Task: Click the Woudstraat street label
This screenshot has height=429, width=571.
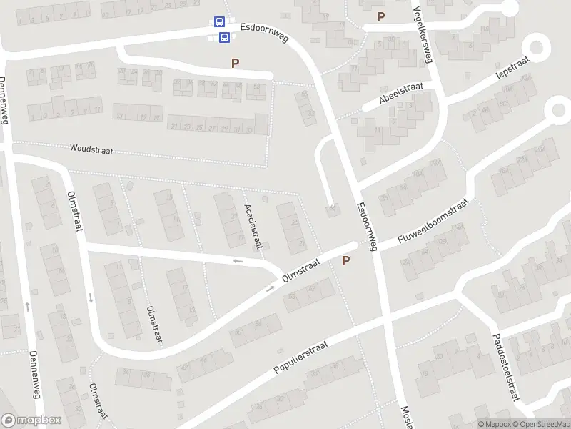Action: click(x=91, y=150)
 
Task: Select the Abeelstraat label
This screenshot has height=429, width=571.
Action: click(x=401, y=94)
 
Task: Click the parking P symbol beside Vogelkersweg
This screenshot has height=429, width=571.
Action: click(x=380, y=17)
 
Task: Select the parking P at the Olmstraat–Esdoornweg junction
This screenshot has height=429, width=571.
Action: click(x=346, y=261)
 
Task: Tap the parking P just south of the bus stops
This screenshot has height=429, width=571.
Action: click(x=235, y=64)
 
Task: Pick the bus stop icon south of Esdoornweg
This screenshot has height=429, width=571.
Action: click(x=223, y=37)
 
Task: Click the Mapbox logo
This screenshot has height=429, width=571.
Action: click(x=31, y=420)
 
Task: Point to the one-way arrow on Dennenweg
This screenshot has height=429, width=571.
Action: click(x=27, y=306)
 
